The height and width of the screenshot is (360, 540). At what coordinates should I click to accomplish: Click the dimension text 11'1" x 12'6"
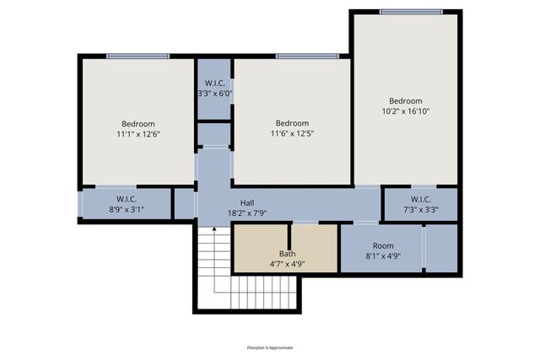pos(138,133)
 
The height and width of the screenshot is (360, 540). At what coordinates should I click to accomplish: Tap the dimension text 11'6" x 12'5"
pos(292,133)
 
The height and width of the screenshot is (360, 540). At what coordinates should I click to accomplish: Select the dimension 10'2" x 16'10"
pos(406,111)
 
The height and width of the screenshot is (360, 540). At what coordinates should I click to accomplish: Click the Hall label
pos(247,202)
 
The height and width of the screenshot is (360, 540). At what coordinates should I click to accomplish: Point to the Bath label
pos(287,254)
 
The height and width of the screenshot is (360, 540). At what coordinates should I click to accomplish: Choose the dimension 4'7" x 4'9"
pos(287,264)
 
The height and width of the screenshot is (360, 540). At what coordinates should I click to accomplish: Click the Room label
pos(383,245)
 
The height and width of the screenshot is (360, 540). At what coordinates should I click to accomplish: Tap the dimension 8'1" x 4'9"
pos(383,255)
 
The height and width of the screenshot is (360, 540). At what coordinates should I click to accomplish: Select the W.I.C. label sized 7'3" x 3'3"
pos(421,200)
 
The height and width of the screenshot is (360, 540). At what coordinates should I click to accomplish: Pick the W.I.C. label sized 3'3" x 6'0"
pos(214,83)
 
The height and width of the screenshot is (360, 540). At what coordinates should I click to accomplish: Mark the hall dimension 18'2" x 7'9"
pos(247,213)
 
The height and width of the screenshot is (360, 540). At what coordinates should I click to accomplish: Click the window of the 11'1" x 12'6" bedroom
pos(138,56)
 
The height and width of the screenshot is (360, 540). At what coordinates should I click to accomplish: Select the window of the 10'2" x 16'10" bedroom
pos(410,12)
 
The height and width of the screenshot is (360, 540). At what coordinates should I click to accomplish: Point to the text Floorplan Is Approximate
pos(270,347)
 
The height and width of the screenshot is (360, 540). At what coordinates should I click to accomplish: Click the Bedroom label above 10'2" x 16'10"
pos(406,100)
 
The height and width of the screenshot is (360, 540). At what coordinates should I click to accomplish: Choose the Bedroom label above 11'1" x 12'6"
pos(138,122)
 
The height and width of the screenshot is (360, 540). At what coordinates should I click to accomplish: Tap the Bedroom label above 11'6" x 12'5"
pos(292,122)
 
